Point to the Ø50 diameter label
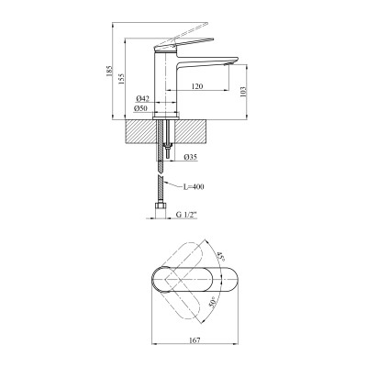(x=142, y=109)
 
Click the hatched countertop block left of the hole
(x=138, y=128)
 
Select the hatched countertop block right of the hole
(x=196, y=128)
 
